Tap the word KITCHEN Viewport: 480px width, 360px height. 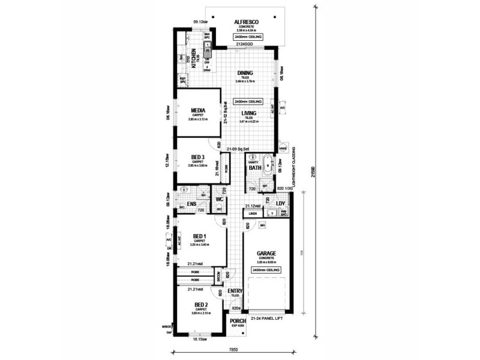click(x=194, y=58)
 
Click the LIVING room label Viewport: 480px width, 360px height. click(x=249, y=113)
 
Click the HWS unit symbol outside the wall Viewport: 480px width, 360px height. click(x=282, y=149)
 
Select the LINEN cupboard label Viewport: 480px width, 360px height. click(x=253, y=213)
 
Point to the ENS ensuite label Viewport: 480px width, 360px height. click(x=192, y=205)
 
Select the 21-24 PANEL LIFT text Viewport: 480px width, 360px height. click(x=265, y=317)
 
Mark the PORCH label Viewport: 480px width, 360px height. click(x=238, y=321)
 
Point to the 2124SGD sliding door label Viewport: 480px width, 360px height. click(x=244, y=44)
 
